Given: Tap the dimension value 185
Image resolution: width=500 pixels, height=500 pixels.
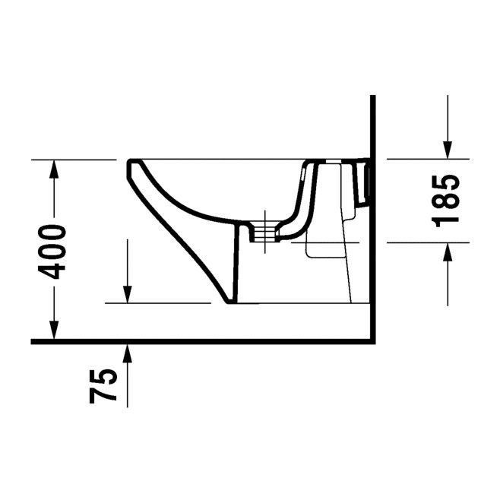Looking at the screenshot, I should (448, 201).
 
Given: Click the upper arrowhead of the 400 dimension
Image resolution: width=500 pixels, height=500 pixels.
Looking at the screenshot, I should (54, 169).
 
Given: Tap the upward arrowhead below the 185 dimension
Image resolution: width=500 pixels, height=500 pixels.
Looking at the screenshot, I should (448, 251).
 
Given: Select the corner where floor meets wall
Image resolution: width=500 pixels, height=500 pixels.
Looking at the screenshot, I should (372, 341).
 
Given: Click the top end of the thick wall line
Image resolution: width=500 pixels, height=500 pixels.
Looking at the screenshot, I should (372, 97).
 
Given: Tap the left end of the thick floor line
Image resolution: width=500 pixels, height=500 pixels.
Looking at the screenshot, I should (33, 341).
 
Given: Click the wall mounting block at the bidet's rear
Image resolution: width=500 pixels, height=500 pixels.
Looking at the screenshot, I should (364, 182).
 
